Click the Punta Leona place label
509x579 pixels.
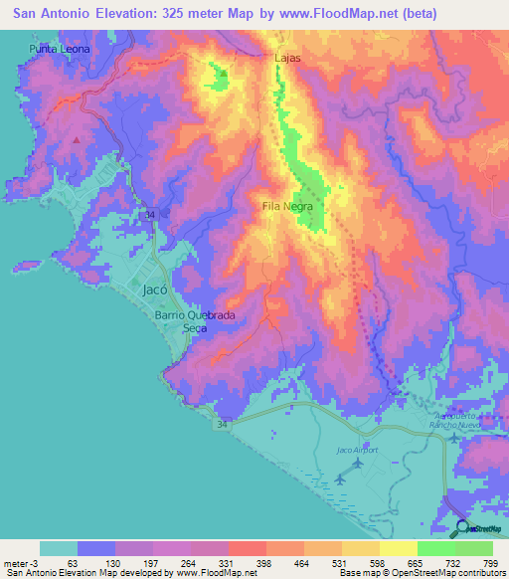click(60, 49)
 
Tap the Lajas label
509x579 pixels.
click(287, 59)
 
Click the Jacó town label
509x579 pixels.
click(153, 290)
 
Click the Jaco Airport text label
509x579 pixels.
click(357, 451)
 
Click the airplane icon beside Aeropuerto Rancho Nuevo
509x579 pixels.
click(454, 436)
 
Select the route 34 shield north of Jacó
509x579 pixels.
click(150, 215)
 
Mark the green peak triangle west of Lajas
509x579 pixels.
click(223, 73)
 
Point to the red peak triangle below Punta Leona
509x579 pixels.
click(76, 139)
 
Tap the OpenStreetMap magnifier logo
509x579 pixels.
click(462, 530)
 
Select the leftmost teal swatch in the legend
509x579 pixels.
click(58, 548)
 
